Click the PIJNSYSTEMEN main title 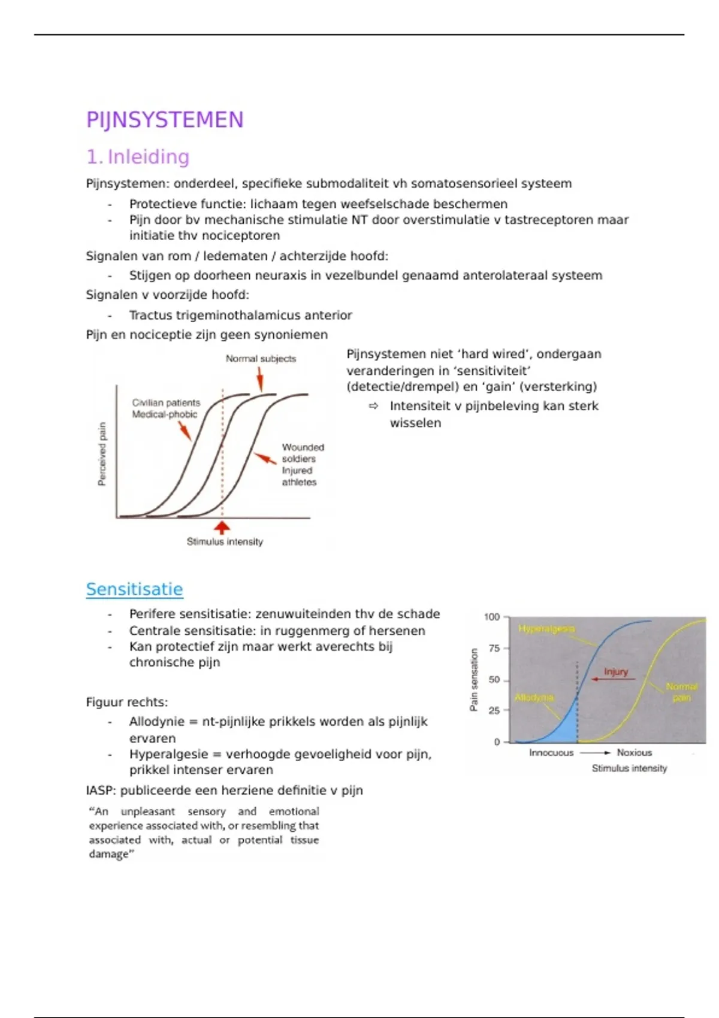[165, 120]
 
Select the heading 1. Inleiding [138, 157]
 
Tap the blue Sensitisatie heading [134, 589]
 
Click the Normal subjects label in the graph [261, 359]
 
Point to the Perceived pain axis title [102, 453]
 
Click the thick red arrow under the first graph [222, 528]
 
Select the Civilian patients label [166, 403]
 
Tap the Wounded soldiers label [303, 453]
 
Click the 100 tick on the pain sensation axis [492, 617]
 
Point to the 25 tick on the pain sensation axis [494, 711]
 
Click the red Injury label [616, 672]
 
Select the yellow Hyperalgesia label [546, 629]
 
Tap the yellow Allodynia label [534, 698]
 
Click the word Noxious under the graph [635, 753]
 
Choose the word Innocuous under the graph [551, 753]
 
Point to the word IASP [101, 790]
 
